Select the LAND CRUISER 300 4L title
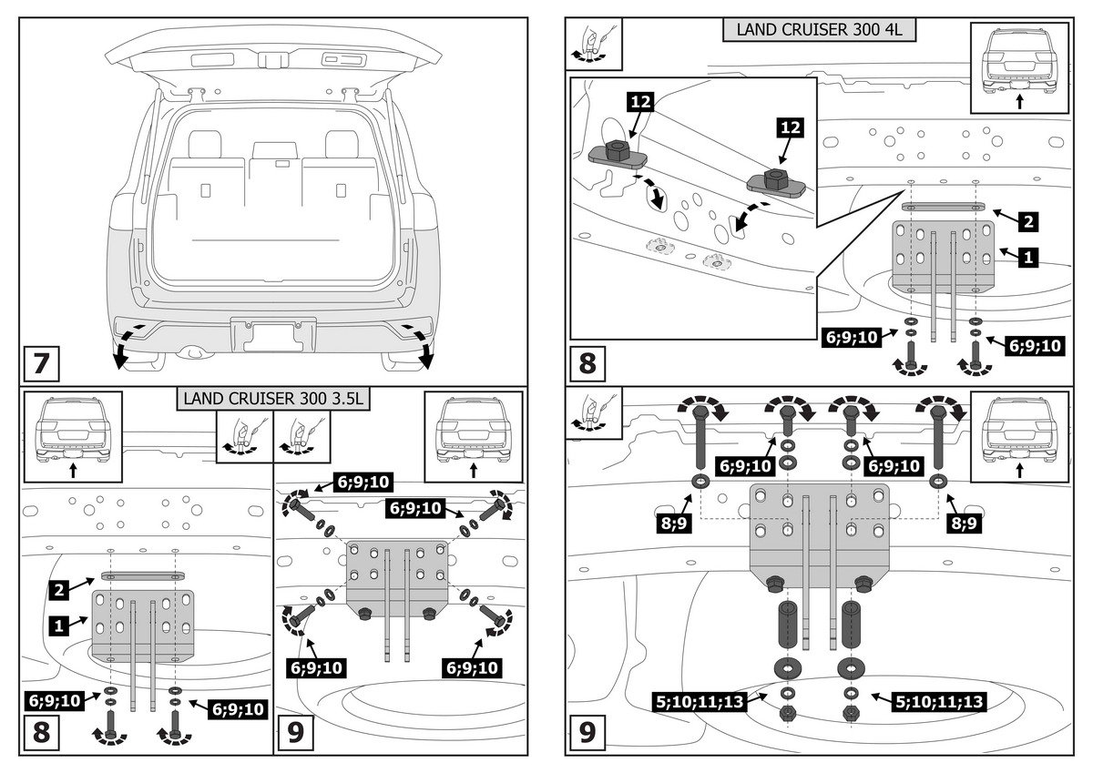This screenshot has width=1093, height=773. (x=819, y=29)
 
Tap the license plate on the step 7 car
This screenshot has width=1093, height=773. (x=273, y=335)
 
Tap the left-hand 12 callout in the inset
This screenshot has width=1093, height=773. (x=640, y=102)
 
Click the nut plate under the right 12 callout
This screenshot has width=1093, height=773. (x=776, y=183)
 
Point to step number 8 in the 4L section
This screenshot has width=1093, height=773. (x=587, y=363)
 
